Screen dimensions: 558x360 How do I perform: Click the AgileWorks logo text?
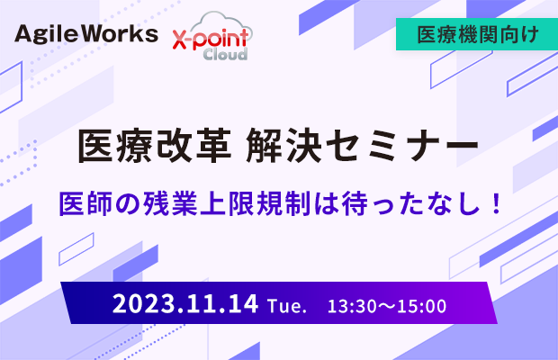pyautogui.click(x=86, y=35)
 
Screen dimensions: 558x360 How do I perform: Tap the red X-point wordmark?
pyautogui.click(x=211, y=39)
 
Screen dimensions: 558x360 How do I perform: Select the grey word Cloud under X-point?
pyautogui.click(x=225, y=54)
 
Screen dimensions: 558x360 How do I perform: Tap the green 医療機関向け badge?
pyautogui.click(x=477, y=34)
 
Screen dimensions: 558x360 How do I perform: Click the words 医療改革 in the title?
pyautogui.click(x=155, y=146)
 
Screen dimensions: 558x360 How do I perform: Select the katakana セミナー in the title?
pyautogui.click(x=402, y=146)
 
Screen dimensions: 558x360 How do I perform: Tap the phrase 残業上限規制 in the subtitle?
pyautogui.click(x=227, y=203)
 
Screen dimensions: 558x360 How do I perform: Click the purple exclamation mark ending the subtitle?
pyautogui.click(x=495, y=203)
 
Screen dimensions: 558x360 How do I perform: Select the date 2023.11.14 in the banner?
pyautogui.click(x=185, y=304)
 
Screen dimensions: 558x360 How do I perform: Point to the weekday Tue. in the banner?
pyautogui.click(x=287, y=306)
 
